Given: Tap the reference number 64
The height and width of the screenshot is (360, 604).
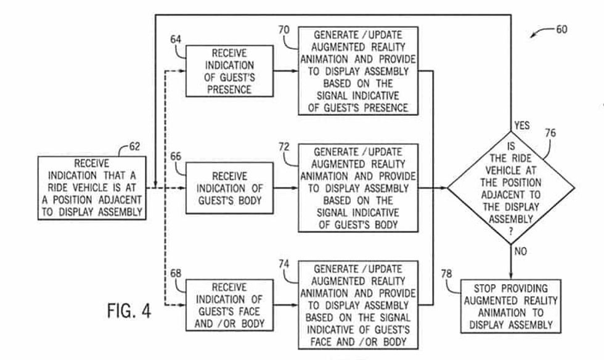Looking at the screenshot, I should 176,40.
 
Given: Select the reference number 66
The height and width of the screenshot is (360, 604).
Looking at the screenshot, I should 176,157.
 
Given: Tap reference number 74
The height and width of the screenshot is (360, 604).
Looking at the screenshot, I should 284,264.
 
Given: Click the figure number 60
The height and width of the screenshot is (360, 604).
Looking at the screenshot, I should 561,29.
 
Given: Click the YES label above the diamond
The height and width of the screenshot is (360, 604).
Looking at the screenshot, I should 521,126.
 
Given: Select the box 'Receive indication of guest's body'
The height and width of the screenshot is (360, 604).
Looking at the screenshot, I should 229,189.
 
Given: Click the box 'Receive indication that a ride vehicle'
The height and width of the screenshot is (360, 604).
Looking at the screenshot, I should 92,188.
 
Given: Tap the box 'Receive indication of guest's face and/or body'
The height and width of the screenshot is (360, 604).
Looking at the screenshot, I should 229,305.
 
